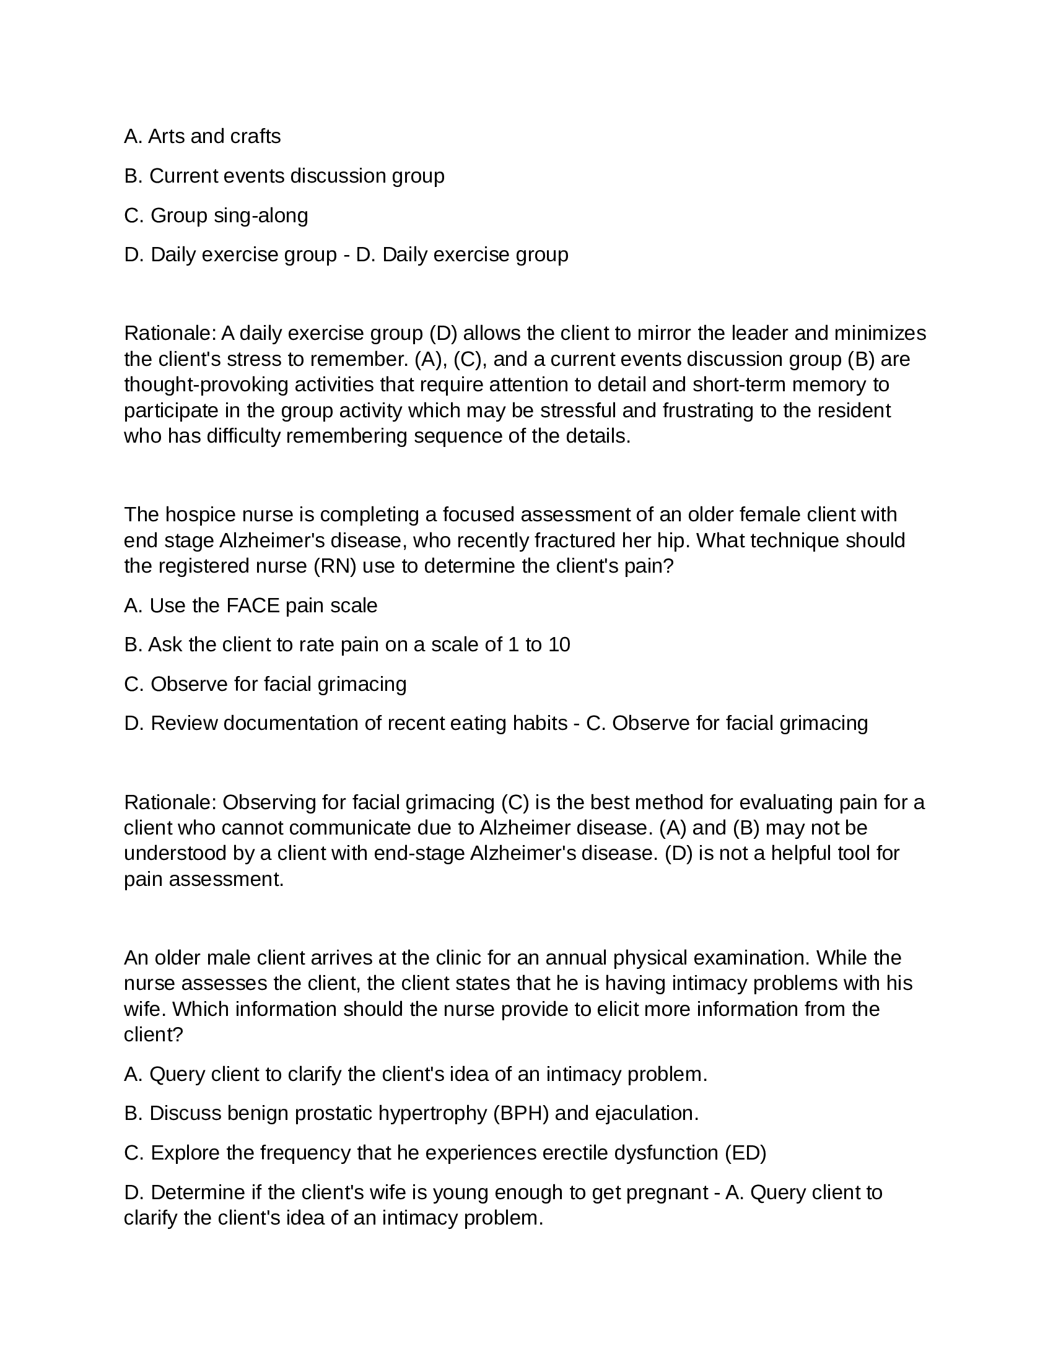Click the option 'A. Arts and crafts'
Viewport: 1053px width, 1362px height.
[x=202, y=136]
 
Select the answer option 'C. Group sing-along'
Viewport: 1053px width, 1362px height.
[x=216, y=215]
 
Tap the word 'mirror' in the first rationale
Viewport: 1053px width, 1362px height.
[x=664, y=333]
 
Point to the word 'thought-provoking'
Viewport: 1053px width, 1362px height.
[x=206, y=384]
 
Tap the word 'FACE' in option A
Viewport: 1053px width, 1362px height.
[x=253, y=605]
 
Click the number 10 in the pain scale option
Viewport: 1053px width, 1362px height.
[x=559, y=644]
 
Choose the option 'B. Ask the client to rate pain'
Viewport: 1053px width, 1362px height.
[x=347, y=644]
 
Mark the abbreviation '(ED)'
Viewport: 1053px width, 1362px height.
[x=745, y=1153]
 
